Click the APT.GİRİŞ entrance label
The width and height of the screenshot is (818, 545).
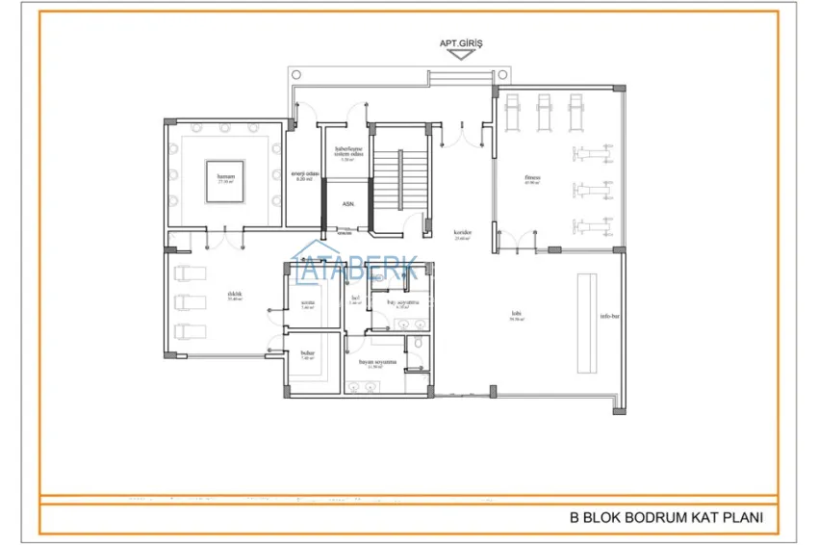coord(460,42)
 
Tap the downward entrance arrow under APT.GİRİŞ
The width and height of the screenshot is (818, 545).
coord(461,56)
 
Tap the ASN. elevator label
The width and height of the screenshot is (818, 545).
coord(346,204)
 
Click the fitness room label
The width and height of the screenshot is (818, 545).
coord(532,178)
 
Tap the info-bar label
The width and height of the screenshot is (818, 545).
coord(608,316)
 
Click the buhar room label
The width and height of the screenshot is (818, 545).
coord(307,353)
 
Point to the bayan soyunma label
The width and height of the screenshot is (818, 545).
coord(378,363)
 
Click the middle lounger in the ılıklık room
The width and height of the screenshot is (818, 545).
coord(192,302)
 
